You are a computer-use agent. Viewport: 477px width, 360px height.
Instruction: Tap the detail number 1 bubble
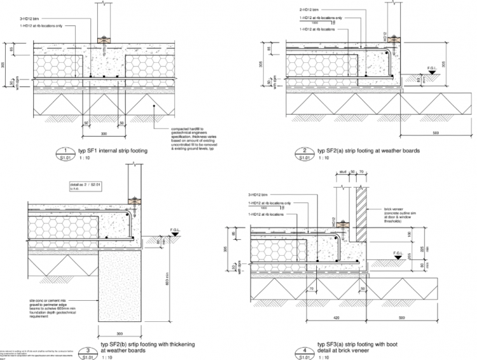(66, 151)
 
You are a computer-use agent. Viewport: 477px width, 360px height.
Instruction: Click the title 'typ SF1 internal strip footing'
(113, 151)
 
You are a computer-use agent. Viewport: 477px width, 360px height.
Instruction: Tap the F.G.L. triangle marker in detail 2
(431, 74)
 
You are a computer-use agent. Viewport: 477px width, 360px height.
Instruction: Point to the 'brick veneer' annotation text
(397, 207)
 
